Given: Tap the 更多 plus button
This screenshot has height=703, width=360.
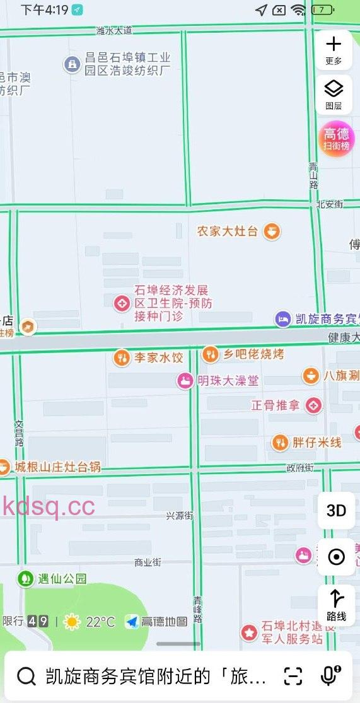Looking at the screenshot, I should coord(333,49).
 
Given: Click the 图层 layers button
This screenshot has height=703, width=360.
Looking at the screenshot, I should coord(333,93).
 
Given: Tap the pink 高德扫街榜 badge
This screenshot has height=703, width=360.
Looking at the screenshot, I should coord(336,138).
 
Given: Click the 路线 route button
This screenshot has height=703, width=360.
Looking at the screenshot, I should coord(336,605).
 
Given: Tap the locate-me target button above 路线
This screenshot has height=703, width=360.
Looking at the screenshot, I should coord(336,557).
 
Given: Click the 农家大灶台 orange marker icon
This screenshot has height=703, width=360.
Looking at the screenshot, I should coord(272,231).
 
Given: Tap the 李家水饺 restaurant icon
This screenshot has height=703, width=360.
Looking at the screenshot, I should coord(122,358).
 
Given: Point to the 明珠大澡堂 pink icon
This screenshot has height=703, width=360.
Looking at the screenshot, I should coord(185,380).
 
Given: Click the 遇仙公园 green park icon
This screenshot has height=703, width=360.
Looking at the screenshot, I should coord(26,578).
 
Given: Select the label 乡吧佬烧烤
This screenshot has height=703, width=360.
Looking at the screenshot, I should coord(253,354).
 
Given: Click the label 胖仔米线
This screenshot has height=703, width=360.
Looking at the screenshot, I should coord(316,443).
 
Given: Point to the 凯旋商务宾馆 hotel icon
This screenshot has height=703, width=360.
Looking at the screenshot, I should coord(283,319).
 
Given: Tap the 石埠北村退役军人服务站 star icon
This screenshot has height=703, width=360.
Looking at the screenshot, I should coord(250,632).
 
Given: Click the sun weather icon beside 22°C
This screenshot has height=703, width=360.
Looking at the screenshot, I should coord(72,622).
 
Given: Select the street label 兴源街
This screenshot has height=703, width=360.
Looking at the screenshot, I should coord(179,516).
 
